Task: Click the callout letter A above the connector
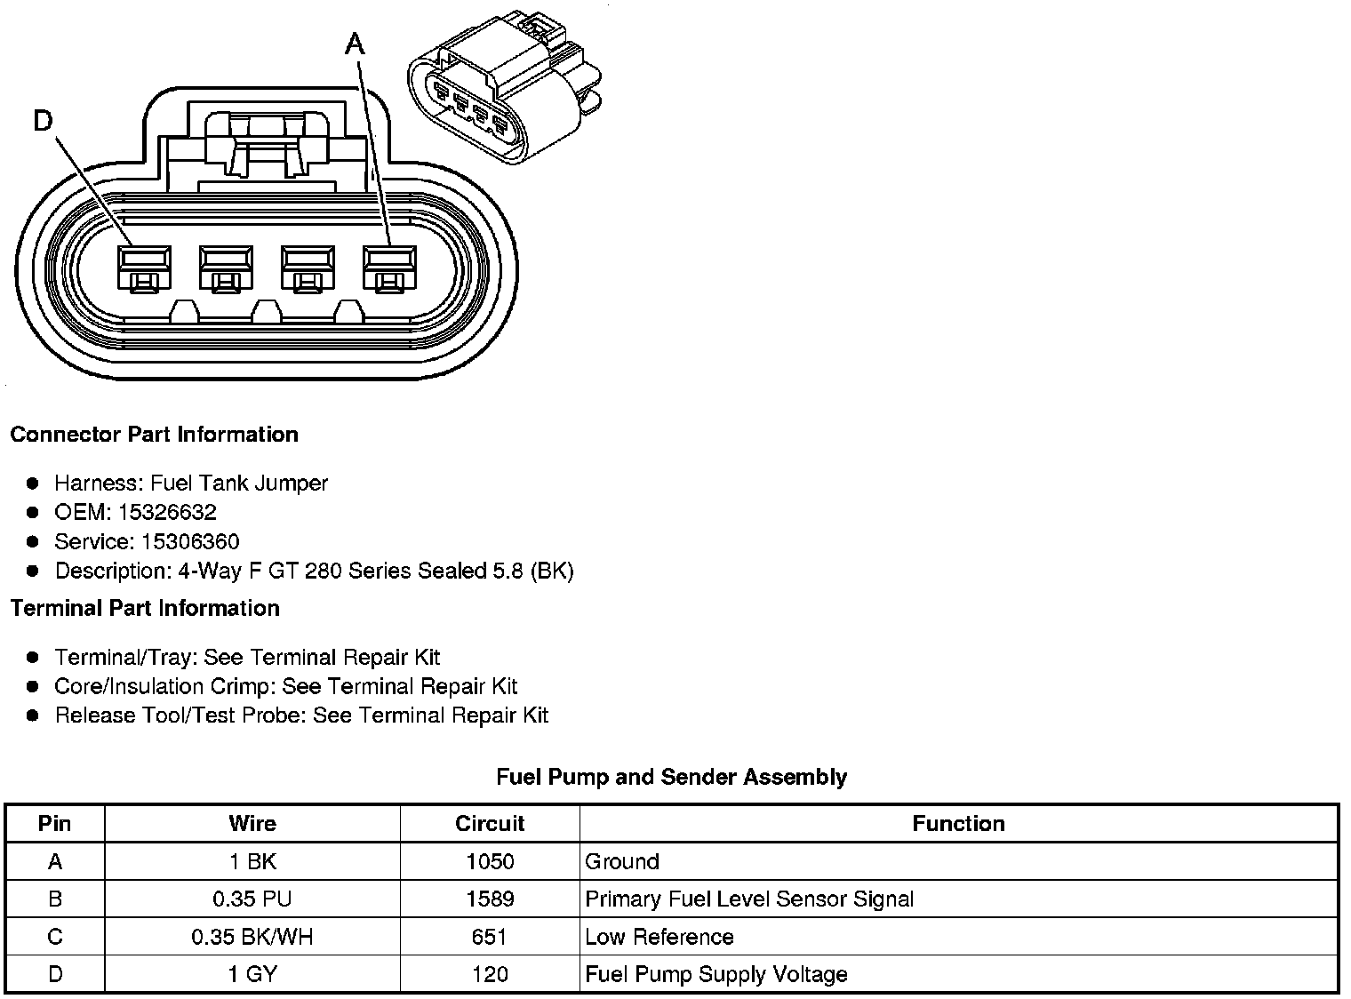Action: [355, 43]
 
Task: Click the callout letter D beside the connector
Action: [43, 120]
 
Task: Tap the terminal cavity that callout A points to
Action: [388, 267]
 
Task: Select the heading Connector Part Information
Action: [154, 435]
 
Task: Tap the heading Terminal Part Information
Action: [145, 608]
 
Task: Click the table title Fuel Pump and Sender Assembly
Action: [671, 777]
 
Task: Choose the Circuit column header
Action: [490, 824]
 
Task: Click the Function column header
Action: [958, 824]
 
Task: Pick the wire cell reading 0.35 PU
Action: [252, 899]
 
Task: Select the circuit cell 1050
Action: [490, 861]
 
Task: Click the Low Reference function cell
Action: [659, 937]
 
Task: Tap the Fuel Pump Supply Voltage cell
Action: [715, 974]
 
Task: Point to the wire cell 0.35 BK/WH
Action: [252, 937]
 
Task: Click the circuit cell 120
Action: [490, 974]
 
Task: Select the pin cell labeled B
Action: [55, 899]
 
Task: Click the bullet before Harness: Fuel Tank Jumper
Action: [33, 484]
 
